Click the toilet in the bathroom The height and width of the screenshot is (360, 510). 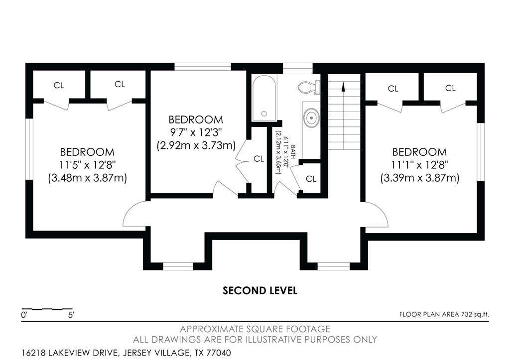click(x=309, y=87)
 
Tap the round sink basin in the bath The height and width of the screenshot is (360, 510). click(x=312, y=118)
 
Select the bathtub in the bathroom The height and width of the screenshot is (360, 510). click(x=264, y=98)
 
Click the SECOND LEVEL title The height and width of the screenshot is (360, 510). click(x=260, y=290)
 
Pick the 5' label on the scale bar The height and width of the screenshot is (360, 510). click(x=71, y=315)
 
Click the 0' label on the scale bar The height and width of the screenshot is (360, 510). click(x=24, y=315)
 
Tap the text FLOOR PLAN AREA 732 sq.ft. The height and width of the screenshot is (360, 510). click(x=444, y=314)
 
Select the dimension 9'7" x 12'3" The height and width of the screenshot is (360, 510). click(x=196, y=132)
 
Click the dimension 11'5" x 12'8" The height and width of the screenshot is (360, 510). click(x=87, y=165)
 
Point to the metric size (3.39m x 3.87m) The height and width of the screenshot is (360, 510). click(x=419, y=178)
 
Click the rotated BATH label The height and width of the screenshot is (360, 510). click(x=293, y=152)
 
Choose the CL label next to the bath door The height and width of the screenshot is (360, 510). click(x=311, y=179)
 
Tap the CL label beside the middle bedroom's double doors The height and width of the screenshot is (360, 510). click(x=259, y=159)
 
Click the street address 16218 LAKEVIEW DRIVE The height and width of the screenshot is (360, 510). click(x=69, y=353)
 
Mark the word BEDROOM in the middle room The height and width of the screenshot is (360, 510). click(x=196, y=120)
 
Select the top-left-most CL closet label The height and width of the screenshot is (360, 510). click(x=59, y=85)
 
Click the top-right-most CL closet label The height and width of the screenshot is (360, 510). click(x=450, y=88)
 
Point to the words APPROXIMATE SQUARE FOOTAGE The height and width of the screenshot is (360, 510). click(x=255, y=329)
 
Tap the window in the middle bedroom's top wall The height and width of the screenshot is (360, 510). click(x=203, y=67)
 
